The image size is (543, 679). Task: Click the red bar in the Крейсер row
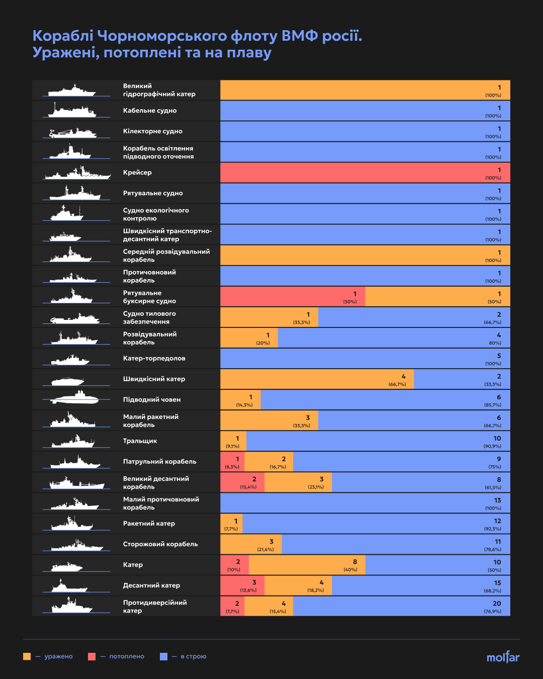[365, 173]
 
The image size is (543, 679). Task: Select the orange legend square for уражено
[27, 656]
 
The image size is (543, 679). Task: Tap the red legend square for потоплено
[92, 656]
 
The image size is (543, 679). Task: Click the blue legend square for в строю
[163, 656]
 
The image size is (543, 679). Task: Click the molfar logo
[503, 657]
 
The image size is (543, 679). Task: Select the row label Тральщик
[140, 441]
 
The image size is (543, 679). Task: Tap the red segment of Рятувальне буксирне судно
[293, 297]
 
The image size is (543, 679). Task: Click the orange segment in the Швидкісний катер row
[317, 379]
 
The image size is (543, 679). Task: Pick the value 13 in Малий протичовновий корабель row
[497, 500]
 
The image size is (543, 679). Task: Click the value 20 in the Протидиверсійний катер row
[497, 604]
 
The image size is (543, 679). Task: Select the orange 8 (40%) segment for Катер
[307, 565]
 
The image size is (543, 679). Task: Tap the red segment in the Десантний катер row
[242, 585]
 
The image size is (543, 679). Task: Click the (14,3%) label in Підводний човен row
[244, 405]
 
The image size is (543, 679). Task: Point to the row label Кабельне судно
[150, 111]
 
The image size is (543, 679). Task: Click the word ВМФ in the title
[300, 36]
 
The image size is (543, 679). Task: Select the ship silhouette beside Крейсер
[77, 173]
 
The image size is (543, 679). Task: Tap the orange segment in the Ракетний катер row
[231, 524]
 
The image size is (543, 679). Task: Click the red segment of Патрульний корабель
[232, 462]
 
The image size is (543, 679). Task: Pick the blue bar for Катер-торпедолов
[365, 359]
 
